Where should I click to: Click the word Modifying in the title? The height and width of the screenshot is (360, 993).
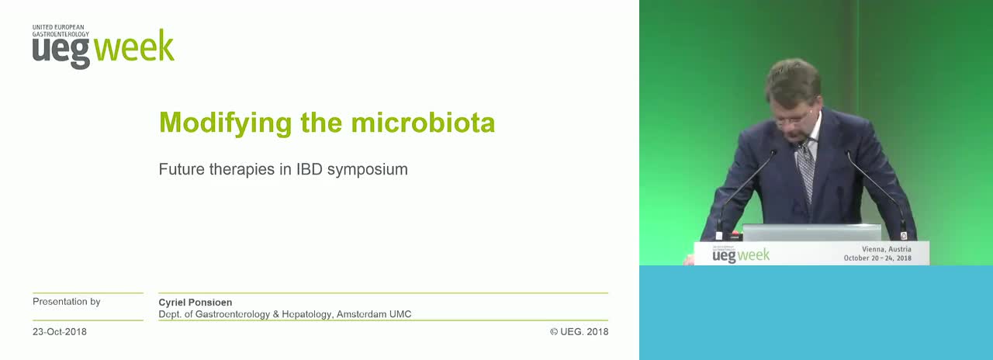pos(225,123)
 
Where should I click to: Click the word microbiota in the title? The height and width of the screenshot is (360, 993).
pos(423,123)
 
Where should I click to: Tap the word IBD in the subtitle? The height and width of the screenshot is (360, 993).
pos(309,169)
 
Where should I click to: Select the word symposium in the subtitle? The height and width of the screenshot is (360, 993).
pos(367,170)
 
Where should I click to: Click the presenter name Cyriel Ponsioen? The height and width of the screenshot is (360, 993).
pos(195,303)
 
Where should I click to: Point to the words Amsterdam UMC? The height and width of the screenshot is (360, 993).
pos(374,314)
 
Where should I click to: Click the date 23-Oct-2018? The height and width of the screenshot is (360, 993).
pos(60,332)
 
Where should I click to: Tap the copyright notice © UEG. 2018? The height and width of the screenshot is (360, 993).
pos(579,332)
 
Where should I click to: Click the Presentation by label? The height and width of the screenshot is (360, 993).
pos(67,302)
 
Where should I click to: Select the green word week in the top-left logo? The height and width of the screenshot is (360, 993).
pos(134,46)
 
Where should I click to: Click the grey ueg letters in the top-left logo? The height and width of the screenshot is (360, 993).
pos(61,52)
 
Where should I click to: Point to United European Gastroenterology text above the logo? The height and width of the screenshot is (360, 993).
pos(61,30)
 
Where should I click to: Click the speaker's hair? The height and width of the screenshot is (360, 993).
pos(792,80)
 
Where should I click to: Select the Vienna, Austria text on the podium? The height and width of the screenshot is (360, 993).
pos(887,249)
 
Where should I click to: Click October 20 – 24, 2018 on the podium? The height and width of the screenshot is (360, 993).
pos(877,258)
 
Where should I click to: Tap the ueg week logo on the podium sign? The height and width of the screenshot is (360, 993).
pos(741,255)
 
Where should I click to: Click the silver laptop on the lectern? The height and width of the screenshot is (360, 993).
pos(811,233)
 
